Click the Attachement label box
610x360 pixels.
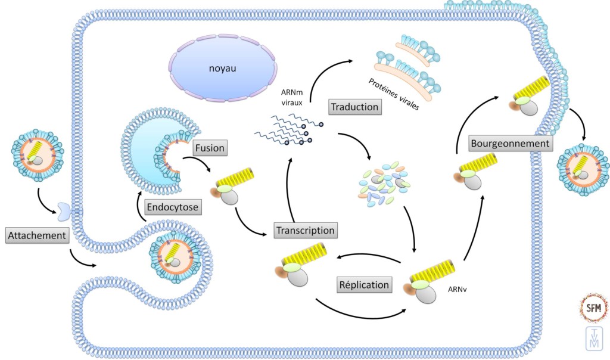pos(36,235)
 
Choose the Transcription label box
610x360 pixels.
pos(305,229)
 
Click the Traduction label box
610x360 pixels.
pos(354,107)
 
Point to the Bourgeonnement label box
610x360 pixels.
pos(510,144)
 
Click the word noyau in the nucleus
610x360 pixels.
pos(223,69)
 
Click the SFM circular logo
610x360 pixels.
pos(594,307)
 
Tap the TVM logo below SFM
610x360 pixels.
pos(593,340)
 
